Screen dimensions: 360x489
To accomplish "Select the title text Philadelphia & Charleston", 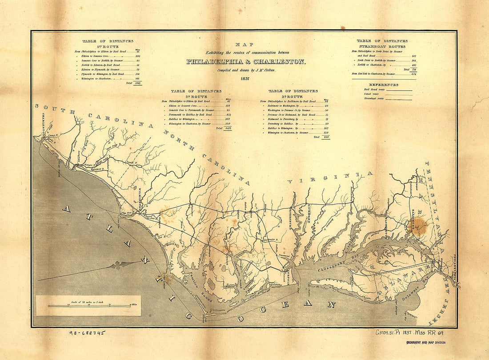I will tap(246, 62).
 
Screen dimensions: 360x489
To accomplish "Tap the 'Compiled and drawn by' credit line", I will tap(246, 70).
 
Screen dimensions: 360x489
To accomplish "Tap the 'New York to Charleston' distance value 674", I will tap(413, 74).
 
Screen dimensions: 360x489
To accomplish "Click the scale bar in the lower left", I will tap(89, 306).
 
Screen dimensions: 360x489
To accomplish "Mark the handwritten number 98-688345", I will tap(87, 332).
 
